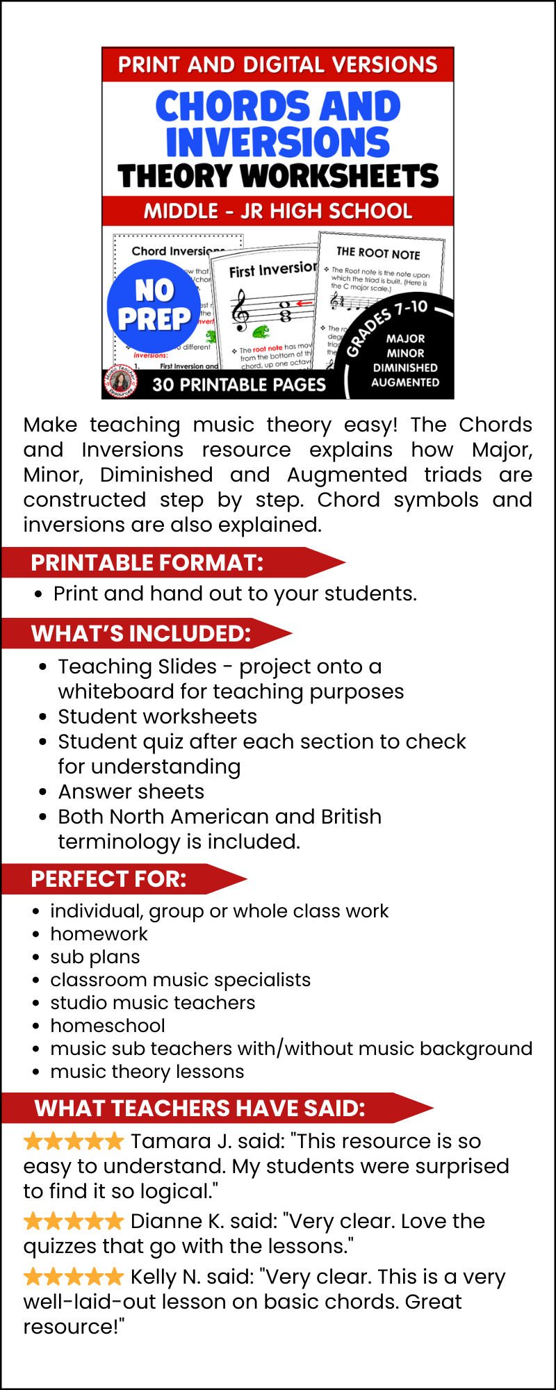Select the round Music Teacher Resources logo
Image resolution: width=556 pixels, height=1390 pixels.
[120, 382]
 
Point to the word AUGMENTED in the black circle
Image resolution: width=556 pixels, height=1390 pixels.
[405, 382]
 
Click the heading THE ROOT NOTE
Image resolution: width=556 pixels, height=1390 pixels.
[378, 253]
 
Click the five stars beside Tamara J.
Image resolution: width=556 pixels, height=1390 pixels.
[74, 1141]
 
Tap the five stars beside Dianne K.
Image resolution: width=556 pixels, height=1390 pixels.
[74, 1221]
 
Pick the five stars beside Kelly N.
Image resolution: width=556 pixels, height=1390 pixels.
[74, 1277]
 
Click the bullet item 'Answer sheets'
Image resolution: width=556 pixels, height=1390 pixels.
[131, 792]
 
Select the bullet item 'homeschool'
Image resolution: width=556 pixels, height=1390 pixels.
[108, 1026]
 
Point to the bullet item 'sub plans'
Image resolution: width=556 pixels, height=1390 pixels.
[95, 957]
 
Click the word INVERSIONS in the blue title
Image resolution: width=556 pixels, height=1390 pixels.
[278, 142]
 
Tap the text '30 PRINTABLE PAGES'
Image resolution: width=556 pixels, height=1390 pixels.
[239, 384]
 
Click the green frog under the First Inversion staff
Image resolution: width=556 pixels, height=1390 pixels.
[261, 330]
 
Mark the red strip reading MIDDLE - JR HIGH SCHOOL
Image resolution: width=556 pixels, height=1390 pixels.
[278, 211]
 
